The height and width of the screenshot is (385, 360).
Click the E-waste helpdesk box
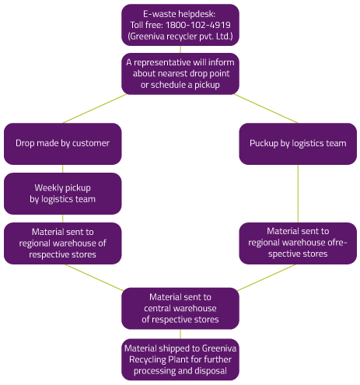tap(180, 25)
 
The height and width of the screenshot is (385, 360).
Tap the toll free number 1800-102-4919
tap(198, 25)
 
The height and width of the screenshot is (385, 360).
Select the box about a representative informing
tap(180, 74)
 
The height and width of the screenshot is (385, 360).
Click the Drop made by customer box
tap(63, 144)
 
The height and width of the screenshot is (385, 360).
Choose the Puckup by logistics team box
tap(298, 144)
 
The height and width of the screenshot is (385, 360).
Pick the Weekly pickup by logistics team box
tap(63, 194)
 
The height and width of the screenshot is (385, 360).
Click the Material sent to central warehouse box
tap(180, 308)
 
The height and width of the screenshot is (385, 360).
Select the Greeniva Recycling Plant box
tap(180, 359)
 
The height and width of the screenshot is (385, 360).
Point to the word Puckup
tap(264, 143)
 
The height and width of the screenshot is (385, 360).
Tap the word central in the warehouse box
tap(157, 308)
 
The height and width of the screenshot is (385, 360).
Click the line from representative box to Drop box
tap(95, 108)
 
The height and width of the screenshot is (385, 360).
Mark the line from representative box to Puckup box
tap(266, 108)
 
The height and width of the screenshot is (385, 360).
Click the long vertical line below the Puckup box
tap(298, 194)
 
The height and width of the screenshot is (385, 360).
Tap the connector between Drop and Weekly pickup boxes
tap(63, 169)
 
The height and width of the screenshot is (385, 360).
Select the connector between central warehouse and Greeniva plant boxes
tap(180, 334)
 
